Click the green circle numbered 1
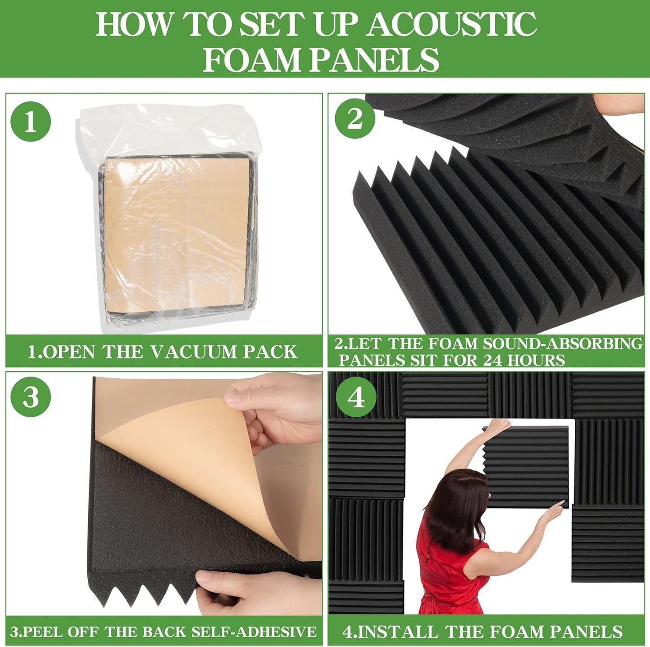click(x=31, y=121)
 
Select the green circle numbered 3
click(x=31, y=396)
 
